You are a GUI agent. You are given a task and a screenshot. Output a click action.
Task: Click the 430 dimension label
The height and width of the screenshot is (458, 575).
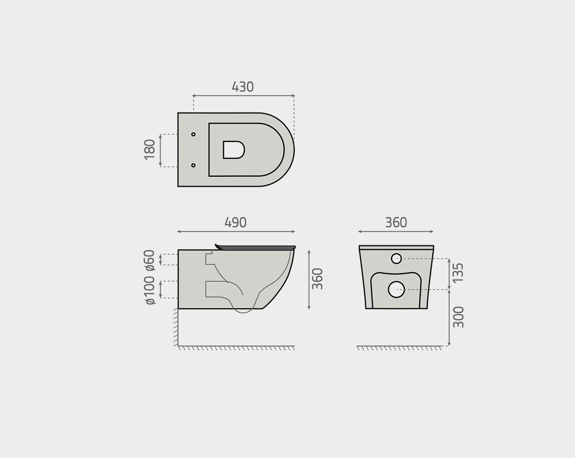tap(243, 87)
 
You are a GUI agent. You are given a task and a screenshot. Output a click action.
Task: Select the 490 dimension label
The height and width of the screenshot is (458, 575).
tap(235, 222)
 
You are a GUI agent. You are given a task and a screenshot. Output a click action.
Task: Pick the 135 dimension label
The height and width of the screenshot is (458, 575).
tap(458, 273)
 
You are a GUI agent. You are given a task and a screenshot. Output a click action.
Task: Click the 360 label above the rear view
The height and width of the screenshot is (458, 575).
tap(396, 222)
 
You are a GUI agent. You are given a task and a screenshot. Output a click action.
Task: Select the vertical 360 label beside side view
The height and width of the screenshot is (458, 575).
tap(318, 279)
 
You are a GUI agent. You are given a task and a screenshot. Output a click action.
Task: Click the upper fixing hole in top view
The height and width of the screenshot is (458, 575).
tap(193, 134)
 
